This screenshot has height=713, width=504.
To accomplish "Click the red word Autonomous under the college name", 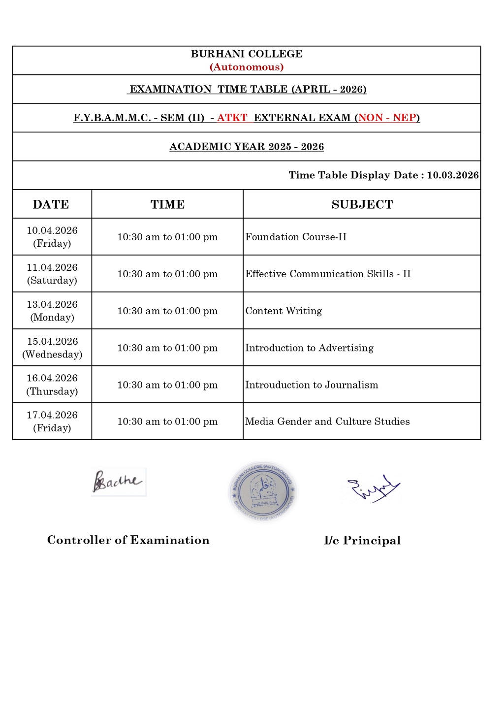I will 247,67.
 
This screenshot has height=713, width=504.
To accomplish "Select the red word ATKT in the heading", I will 232,118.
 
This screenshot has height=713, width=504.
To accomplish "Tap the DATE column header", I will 51,204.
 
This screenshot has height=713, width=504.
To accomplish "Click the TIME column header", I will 167,204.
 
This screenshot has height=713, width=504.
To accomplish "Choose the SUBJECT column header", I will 362,204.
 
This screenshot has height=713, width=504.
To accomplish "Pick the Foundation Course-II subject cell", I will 296,237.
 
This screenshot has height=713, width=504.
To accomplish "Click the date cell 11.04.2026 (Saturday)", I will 52,274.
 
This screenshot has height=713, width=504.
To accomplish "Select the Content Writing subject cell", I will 283,311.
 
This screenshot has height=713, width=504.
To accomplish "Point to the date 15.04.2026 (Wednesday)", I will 52,348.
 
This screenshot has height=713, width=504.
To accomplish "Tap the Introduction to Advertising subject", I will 309,348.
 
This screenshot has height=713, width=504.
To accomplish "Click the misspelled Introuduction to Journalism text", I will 312,385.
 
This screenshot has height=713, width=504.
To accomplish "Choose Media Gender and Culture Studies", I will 327,421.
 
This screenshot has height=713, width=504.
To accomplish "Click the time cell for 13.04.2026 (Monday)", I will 167,311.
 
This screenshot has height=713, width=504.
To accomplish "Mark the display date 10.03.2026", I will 452,175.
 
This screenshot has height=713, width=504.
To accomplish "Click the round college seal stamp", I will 263,491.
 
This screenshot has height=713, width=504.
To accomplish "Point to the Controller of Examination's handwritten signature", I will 118,482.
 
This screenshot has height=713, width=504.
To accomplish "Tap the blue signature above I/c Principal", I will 373,488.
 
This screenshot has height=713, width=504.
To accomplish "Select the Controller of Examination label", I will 128,540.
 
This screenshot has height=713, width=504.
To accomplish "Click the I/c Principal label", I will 362,541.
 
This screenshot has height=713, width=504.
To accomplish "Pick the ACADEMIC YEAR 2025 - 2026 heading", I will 247,147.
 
